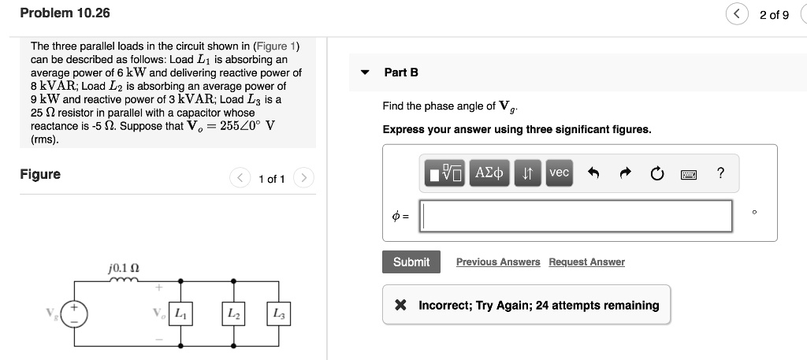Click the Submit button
click(x=411, y=262)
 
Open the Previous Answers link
click(x=498, y=262)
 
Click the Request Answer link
click(x=586, y=262)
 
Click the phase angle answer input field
click(x=576, y=216)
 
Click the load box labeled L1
click(x=181, y=314)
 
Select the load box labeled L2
click(x=234, y=314)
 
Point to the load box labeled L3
click(x=279, y=314)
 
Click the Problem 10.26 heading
click(x=65, y=13)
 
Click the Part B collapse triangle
click(x=365, y=72)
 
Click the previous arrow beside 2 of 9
click(x=738, y=14)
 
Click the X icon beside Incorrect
click(x=400, y=306)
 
